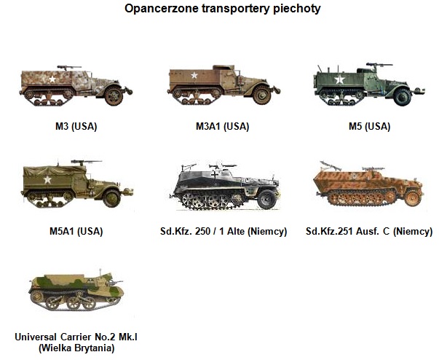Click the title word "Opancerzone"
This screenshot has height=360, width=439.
pos(162,9)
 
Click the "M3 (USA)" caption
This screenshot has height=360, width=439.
pos(76,126)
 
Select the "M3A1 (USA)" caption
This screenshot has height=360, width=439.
pos(222,126)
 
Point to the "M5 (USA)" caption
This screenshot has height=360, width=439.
pos(369,126)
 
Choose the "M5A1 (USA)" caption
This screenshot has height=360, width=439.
pos(76,232)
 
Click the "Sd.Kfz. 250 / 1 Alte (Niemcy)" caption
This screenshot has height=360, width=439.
pos(224,232)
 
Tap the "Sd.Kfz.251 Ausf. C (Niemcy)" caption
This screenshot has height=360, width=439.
pos(369,232)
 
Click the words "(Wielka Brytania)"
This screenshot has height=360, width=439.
pos(76,348)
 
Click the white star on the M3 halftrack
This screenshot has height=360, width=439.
pos(52,79)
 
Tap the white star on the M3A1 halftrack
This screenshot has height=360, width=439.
pos(194,75)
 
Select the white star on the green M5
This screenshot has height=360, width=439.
pos(339,79)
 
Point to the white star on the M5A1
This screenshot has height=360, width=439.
pos(47,179)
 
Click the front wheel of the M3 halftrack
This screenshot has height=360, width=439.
pos(114,96)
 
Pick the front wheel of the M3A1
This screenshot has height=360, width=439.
pos(261,95)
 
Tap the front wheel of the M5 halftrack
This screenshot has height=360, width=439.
pos(402,97)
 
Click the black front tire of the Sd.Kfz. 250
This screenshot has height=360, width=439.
pos(266,199)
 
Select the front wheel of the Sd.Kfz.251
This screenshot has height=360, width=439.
pos(413,197)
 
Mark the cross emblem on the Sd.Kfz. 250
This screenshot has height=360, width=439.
pos(215,176)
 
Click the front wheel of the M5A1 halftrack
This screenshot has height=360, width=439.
pos(111,198)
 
